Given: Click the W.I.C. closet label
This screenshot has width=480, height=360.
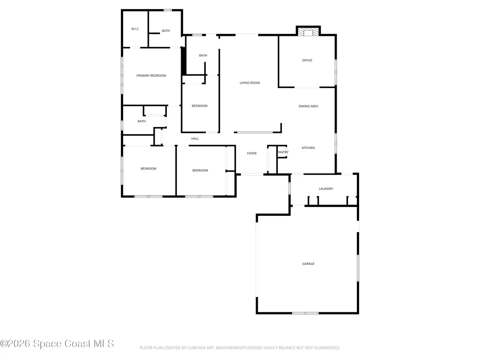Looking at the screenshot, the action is pos(135,29).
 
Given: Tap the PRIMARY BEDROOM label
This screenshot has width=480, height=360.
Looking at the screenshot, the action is pos(151,76).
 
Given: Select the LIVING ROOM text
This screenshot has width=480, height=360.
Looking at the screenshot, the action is pos(250,83).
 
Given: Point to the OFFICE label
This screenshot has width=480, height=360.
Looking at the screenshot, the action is pos(307,60).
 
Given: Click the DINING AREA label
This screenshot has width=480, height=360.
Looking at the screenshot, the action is pos(308,106).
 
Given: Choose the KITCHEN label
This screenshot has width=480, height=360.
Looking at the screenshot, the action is pos(308,148).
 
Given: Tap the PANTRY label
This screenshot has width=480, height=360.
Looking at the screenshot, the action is pos(283,152).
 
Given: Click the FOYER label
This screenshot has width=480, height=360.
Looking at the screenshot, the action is pos(252,153).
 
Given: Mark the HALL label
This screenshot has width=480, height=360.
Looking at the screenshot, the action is pos(195,139).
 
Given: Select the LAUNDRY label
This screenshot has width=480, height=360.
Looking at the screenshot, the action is pos(326,189).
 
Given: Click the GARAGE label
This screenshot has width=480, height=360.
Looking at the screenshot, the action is pos(308,263).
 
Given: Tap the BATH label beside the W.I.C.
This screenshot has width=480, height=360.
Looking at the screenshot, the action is pos(166,31).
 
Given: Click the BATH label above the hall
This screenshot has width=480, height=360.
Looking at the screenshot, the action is pos(141,121).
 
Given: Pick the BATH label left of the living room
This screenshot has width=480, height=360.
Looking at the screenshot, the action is pos(203,55).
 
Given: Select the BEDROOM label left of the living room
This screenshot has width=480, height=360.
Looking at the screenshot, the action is pos(200,106).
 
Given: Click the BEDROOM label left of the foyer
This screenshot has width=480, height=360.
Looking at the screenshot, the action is pos(200,171).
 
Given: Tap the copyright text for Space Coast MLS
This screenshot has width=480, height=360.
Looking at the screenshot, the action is pos(57,344).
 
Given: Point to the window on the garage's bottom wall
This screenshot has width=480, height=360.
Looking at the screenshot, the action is pos(305,313).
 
